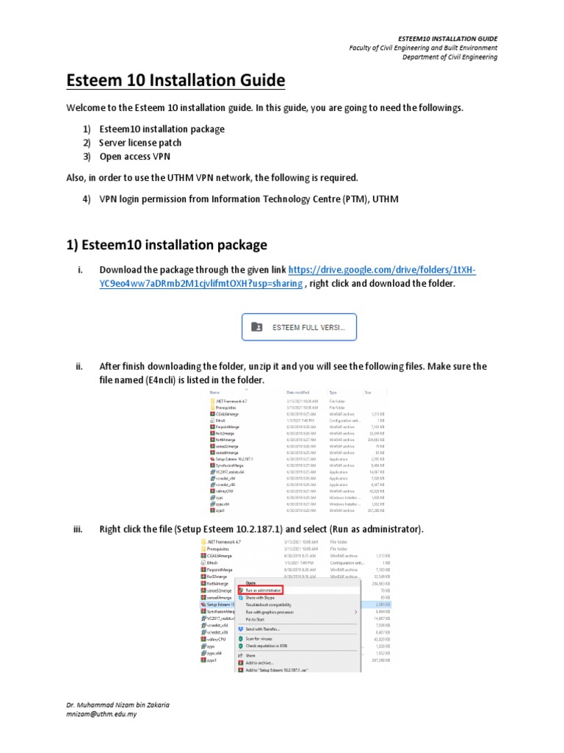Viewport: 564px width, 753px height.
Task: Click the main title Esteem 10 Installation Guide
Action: point(176,79)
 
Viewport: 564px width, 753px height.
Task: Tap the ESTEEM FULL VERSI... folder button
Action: point(300,327)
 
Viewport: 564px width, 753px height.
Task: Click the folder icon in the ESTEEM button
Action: point(257,327)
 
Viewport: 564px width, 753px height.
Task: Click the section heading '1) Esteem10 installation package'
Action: point(167,244)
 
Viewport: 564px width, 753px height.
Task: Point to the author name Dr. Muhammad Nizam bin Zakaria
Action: point(117,704)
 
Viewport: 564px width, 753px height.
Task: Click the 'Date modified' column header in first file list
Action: point(298,393)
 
